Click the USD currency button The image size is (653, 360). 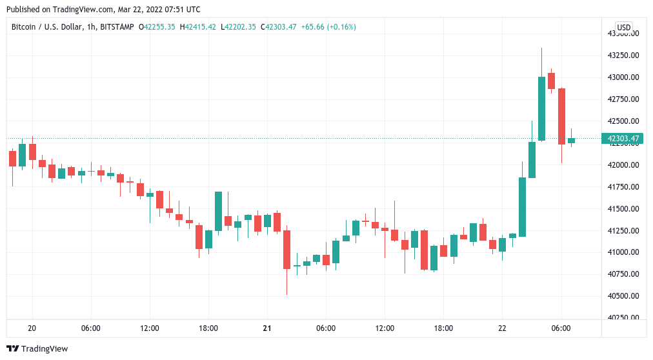[623, 27]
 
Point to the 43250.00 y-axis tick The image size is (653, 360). [623, 55]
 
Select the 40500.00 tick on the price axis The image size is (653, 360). [623, 295]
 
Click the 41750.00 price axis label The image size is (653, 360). [623, 186]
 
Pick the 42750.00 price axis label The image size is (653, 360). [623, 99]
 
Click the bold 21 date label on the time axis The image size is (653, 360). [266, 328]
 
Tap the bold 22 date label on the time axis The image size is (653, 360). [502, 328]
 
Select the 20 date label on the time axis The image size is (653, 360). [32, 328]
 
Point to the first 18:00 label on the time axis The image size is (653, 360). [208, 328]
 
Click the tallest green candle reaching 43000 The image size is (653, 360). [541, 108]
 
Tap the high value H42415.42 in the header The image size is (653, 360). [199, 27]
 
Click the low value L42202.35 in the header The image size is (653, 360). [238, 27]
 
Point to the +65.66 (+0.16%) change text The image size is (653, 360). [328, 27]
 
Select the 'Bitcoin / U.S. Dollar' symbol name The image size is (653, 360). [47, 27]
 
